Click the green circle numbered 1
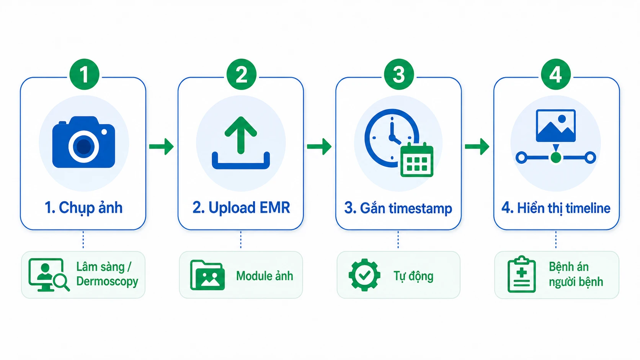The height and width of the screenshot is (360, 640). pyautogui.click(x=84, y=74)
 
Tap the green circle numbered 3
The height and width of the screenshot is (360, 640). pyautogui.click(x=399, y=74)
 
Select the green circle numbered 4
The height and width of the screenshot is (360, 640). pyautogui.click(x=556, y=74)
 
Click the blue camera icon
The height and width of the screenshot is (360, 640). pyautogui.click(x=84, y=142)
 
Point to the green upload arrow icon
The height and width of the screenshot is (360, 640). pyautogui.click(x=241, y=135)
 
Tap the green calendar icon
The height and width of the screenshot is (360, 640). pyautogui.click(x=417, y=160)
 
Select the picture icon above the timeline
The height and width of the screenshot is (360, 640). pyautogui.click(x=556, y=125)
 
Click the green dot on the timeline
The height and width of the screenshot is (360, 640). pyautogui.click(x=556, y=158)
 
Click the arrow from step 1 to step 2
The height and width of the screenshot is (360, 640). pyautogui.click(x=162, y=147)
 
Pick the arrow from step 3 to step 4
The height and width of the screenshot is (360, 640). pyautogui.click(x=477, y=147)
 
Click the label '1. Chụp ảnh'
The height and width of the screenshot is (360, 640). pyautogui.click(x=83, y=208)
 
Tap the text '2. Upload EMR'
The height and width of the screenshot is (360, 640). pyautogui.click(x=241, y=208)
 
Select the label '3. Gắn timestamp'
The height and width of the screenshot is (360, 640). pyautogui.click(x=398, y=208)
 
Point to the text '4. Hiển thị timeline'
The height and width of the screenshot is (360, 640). pyautogui.click(x=556, y=208)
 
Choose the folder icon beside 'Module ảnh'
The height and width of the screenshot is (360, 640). pyautogui.click(x=207, y=275)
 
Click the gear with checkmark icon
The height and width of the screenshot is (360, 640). pyautogui.click(x=364, y=275)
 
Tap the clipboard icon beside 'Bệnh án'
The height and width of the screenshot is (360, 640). pyautogui.click(x=522, y=274)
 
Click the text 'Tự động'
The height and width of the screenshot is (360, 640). pyautogui.click(x=413, y=276)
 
